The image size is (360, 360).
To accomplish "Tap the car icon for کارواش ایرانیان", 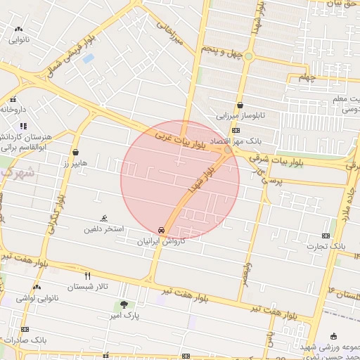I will (162, 230).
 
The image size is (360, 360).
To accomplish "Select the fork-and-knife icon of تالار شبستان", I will (88, 276).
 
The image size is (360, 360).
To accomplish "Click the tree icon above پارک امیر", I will (124, 304).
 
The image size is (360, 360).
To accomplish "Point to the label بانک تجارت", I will (329, 246).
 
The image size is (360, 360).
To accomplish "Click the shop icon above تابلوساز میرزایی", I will (240, 103).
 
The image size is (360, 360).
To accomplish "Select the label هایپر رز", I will (75, 163).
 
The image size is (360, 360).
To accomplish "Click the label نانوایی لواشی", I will (36, 298).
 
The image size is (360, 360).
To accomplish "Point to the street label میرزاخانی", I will (169, 33).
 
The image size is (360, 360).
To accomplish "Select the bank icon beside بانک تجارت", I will (325, 236).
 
